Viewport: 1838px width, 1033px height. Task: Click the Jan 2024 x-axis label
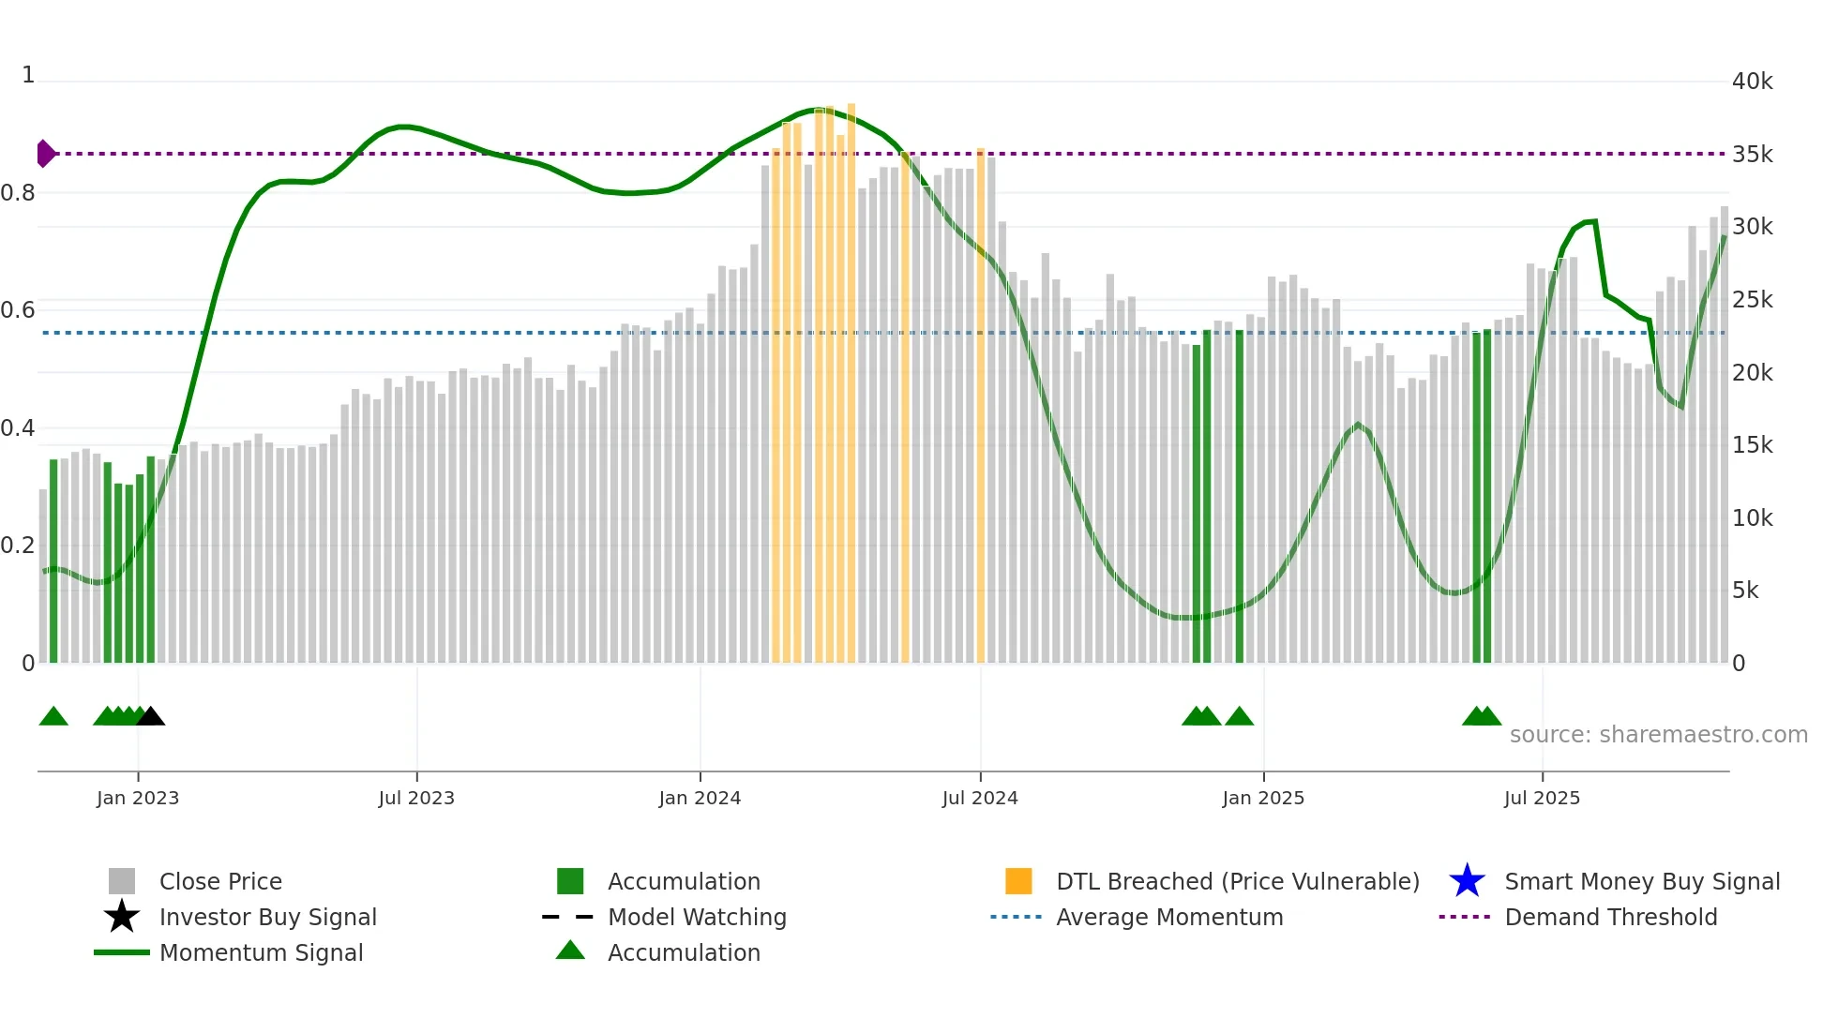(x=700, y=798)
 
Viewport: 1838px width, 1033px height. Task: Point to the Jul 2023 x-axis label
(x=416, y=798)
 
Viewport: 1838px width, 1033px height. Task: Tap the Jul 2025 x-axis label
(x=1542, y=798)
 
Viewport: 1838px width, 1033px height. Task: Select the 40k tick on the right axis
(x=1752, y=82)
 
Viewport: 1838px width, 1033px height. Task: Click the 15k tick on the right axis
(x=1752, y=445)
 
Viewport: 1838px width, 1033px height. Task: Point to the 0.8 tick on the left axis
(x=18, y=193)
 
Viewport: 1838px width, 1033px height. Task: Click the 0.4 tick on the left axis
(x=18, y=428)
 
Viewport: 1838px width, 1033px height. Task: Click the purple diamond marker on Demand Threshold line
(x=45, y=153)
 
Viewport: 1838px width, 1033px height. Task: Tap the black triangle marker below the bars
(x=151, y=716)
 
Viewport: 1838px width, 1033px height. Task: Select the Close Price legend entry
(x=219, y=881)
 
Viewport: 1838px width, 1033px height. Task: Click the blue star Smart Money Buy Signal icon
(x=1467, y=881)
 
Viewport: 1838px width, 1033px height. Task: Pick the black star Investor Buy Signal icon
(x=122, y=917)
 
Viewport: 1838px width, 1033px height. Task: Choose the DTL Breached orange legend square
(x=1018, y=881)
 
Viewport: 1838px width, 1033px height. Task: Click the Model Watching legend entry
(x=696, y=917)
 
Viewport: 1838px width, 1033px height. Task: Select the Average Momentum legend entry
(x=1168, y=917)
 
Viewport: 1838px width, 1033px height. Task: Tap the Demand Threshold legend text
(x=1610, y=917)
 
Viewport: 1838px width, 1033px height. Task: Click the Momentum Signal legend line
(x=122, y=952)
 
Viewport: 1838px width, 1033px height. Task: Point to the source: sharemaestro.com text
(x=1658, y=734)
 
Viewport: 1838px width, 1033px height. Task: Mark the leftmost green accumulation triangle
(x=53, y=716)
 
